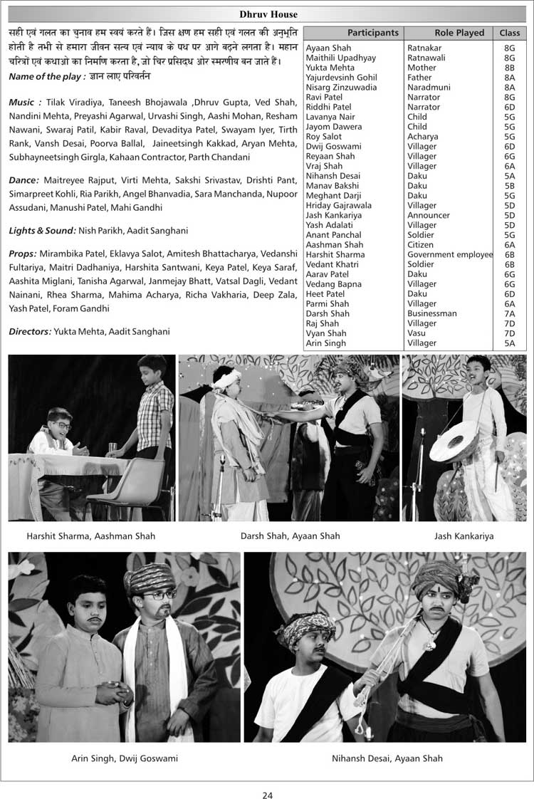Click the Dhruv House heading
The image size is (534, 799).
(x=268, y=14)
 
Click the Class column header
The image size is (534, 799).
(x=509, y=33)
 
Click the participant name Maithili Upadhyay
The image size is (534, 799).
(x=340, y=58)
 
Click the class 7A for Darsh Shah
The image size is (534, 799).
(x=509, y=313)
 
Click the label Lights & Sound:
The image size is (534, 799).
(x=42, y=231)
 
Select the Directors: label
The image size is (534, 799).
(x=29, y=331)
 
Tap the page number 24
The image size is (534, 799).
(x=267, y=795)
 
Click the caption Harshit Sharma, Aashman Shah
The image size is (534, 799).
(x=90, y=536)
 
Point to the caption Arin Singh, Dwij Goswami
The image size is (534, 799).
(x=125, y=758)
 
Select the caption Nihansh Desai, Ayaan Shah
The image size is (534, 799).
(x=387, y=758)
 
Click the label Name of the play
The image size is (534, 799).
(x=47, y=76)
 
